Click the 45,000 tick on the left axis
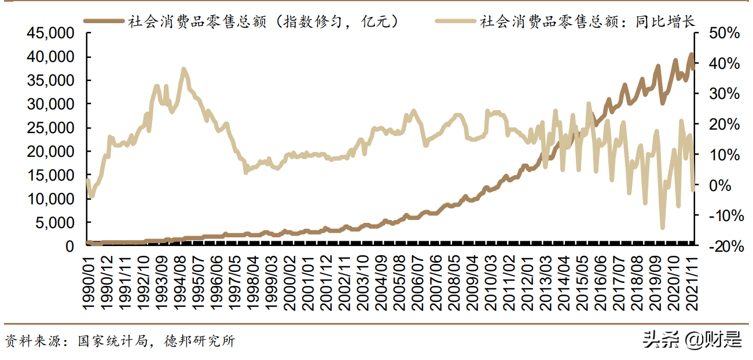tap(50, 33)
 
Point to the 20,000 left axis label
tap(50, 152)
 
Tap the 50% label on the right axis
tap(724, 33)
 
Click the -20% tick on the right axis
tap(722, 247)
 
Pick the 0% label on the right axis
tap(728, 185)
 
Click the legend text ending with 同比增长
tap(587, 21)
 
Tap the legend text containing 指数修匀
tap(264, 21)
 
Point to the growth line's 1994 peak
tap(183, 69)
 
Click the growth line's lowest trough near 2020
tap(663, 227)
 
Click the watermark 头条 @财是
tap(692, 340)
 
